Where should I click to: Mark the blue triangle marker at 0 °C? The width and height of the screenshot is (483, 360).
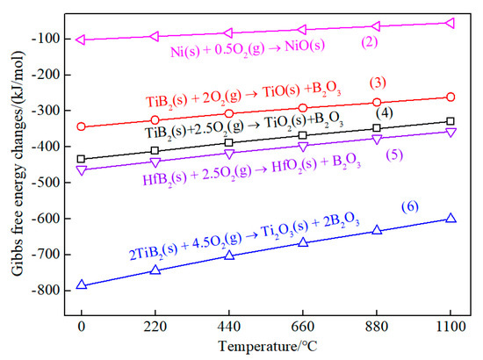(82, 284)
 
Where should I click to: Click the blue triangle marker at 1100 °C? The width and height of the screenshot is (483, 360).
(451, 218)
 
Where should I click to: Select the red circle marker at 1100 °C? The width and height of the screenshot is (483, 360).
(451, 97)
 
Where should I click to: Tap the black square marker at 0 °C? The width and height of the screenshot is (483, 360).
(82, 159)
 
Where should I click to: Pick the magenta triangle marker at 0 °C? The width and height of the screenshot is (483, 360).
(82, 39)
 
